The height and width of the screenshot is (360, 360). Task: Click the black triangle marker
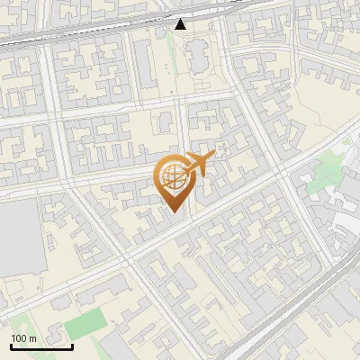[181, 24]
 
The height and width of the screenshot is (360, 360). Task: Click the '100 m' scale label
[23, 338]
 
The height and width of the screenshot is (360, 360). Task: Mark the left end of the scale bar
[11, 346]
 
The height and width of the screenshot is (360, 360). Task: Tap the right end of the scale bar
[72, 346]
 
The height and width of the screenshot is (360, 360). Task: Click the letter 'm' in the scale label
[32, 338]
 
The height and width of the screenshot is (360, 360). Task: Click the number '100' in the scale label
[19, 338]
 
